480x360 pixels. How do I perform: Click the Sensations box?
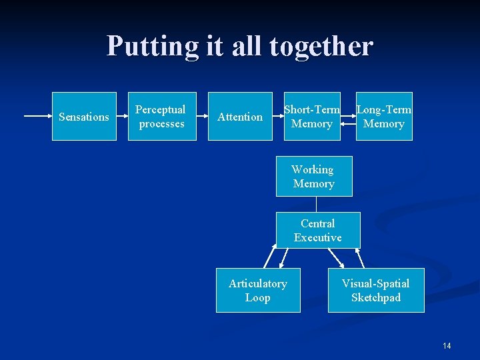tap(84, 117)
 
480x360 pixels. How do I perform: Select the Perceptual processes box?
tap(162, 117)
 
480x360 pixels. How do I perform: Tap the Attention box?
tap(240, 117)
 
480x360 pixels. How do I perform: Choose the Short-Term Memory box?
tap(312, 117)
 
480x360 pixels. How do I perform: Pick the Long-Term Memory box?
tap(384, 117)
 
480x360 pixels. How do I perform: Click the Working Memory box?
tap(314, 177)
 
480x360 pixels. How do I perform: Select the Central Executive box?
tap(318, 230)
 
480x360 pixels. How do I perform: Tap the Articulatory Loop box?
tap(258, 290)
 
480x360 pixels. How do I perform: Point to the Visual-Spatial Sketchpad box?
tap(376, 290)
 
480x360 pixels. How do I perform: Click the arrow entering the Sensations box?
tap(37, 117)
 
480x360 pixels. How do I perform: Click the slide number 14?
tap(447, 345)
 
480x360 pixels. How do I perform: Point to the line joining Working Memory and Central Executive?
tap(317, 204)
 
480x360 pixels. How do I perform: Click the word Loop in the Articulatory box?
tap(258, 297)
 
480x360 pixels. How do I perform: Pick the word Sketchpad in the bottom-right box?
tap(376, 297)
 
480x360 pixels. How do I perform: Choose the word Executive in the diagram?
tap(318, 237)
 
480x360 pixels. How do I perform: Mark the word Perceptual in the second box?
tap(161, 109)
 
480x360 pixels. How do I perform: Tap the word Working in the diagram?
tap(313, 169)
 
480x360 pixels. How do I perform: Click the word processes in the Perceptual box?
tap(162, 124)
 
